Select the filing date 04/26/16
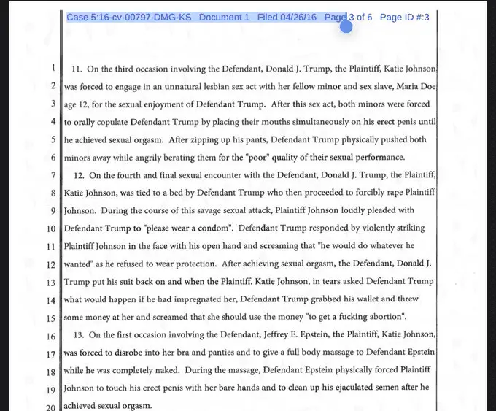click(x=298, y=17)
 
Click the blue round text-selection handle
click(x=346, y=26)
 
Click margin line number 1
click(x=53, y=69)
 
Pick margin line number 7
click(x=53, y=175)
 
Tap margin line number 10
click(x=51, y=228)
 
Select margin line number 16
click(x=51, y=336)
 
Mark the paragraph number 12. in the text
click(x=77, y=176)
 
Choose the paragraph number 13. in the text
click(x=77, y=335)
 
